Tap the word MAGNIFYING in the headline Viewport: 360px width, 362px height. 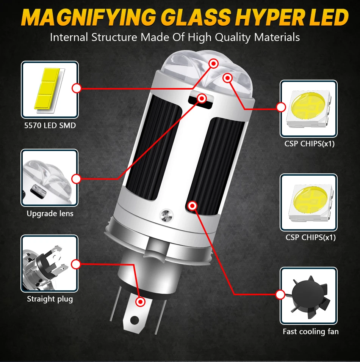(89, 17)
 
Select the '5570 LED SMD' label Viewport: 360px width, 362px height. (50, 125)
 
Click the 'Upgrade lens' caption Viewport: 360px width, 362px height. (50, 214)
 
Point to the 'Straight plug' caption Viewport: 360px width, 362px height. (50, 299)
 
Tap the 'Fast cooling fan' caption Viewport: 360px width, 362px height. (311, 332)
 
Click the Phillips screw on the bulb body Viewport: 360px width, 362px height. (167, 216)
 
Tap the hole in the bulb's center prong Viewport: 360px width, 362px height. (135, 320)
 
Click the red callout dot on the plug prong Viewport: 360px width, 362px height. (140, 302)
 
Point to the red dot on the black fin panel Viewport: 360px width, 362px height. (193, 206)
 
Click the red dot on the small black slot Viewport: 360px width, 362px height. (202, 99)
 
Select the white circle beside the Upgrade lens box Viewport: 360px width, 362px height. (76, 179)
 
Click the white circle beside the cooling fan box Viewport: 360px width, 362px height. (280, 294)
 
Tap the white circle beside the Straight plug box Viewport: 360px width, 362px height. (76, 264)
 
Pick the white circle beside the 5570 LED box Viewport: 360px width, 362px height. (77, 88)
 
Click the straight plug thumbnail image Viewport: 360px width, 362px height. (50, 264)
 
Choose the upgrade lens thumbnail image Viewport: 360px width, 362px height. (50, 178)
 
